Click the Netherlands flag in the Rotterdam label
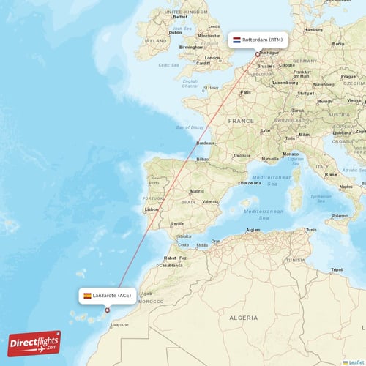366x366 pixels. coord(236,39)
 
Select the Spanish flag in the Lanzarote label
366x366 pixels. coord(87,295)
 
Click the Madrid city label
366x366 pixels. coord(197,190)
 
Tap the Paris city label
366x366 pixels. coord(246,92)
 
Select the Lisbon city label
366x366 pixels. coord(152,209)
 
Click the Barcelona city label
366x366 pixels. coord(250,183)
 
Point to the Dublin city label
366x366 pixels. coord(175,32)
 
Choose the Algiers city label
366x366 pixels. coord(253,229)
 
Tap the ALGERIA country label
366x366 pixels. coord(243,318)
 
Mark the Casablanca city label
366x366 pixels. coord(171,265)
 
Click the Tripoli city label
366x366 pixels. coord(337,269)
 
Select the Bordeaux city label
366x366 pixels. coord(206,143)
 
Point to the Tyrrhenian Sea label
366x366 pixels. coord(320,198)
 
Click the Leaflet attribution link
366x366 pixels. coord(355,362)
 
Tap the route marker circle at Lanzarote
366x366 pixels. coord(107,310)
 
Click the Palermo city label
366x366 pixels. coord(340,217)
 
